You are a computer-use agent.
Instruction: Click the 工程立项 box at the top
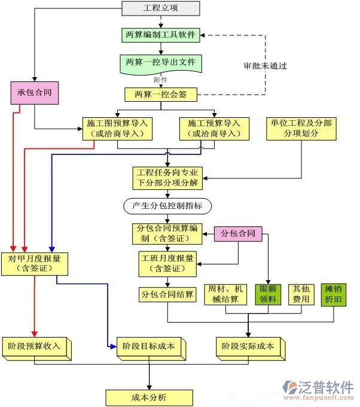click(x=161, y=8)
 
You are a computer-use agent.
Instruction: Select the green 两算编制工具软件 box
click(x=161, y=35)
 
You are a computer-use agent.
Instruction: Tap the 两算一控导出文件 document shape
click(x=161, y=63)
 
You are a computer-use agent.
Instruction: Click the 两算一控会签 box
click(x=161, y=94)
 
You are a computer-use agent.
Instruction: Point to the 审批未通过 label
click(x=265, y=66)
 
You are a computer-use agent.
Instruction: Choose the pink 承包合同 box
click(x=35, y=93)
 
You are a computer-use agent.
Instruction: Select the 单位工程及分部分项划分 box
click(x=301, y=128)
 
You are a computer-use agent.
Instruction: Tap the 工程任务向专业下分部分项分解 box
click(x=167, y=178)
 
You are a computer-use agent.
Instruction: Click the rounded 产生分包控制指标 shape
click(x=167, y=206)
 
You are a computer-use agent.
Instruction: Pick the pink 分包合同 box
click(x=239, y=233)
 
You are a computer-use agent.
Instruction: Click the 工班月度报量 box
click(x=167, y=263)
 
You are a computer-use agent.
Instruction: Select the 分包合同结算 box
click(x=167, y=294)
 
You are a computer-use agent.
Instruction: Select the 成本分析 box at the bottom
click(x=149, y=397)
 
